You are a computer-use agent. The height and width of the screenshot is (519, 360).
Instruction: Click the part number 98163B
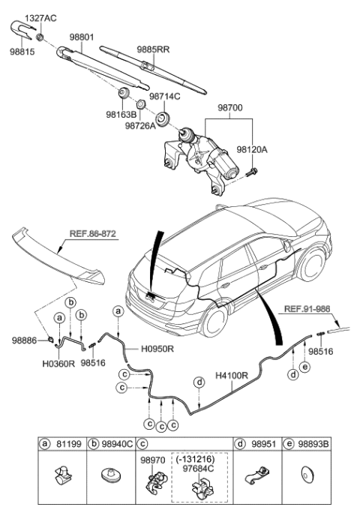click(121, 115)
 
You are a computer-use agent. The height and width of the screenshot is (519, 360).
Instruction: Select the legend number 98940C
click(117, 444)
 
